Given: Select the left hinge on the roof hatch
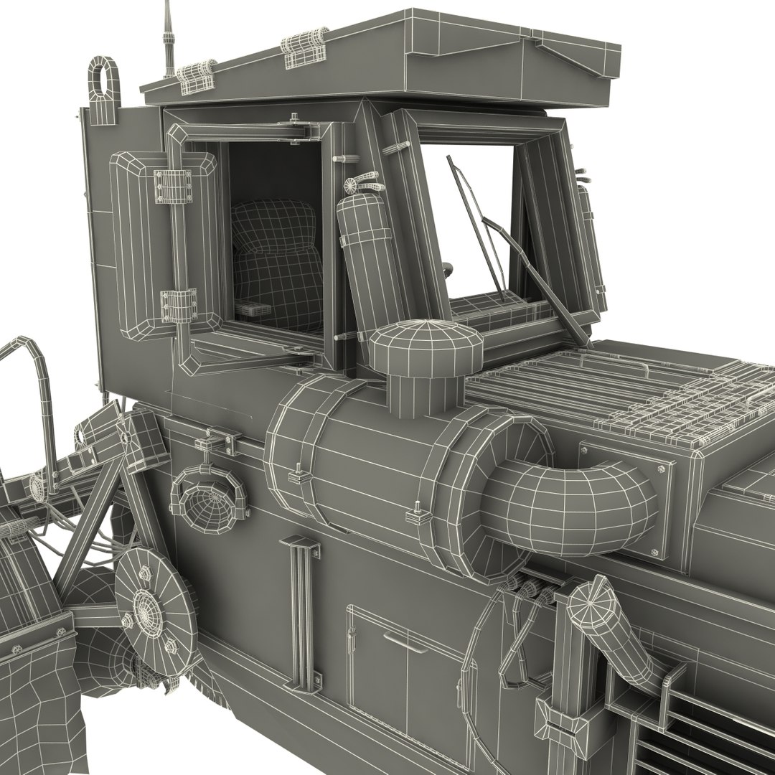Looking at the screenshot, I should point(197,76).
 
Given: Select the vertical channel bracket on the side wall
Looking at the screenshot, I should point(304,610).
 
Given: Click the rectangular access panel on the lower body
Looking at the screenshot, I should point(406,675).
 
